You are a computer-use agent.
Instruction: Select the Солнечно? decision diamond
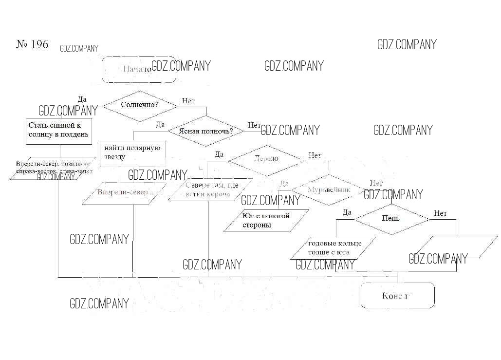139,105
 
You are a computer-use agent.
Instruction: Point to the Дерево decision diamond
266,158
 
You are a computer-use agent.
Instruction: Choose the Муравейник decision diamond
329,190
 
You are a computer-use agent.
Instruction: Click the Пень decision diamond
391,218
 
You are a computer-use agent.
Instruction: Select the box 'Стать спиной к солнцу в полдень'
58,130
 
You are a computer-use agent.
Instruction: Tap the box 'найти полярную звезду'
132,152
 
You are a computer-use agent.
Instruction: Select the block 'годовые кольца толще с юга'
334,247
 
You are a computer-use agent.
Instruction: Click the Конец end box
397,295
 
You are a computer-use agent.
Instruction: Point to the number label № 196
32,44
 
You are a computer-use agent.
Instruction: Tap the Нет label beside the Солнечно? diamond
188,101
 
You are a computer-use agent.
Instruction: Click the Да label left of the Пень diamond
347,212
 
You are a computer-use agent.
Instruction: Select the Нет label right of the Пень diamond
440,213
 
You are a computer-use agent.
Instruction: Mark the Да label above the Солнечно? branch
82,99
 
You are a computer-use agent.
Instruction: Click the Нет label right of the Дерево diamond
315,156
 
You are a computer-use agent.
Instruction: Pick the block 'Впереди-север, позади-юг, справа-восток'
53,168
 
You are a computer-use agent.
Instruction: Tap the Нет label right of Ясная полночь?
254,125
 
